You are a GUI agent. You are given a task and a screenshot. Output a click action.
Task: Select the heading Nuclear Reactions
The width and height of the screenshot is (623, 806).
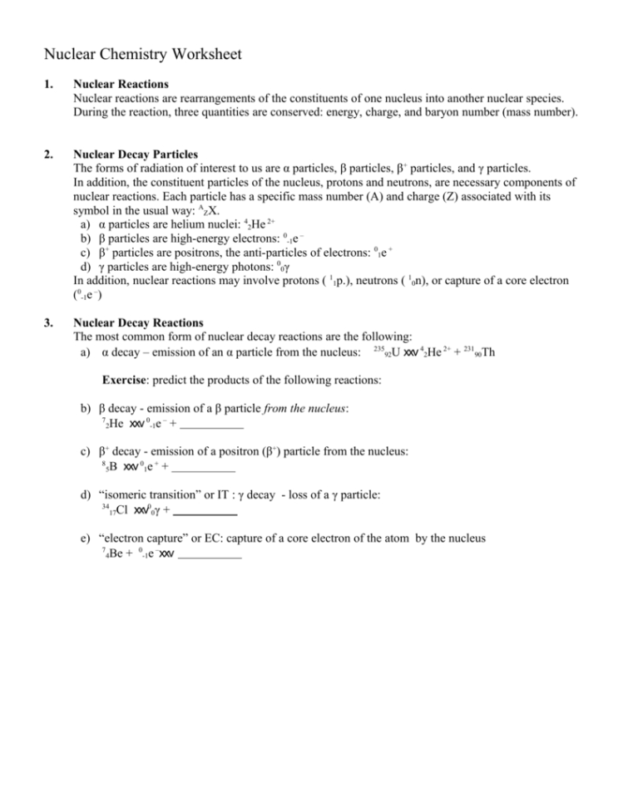[x=121, y=84]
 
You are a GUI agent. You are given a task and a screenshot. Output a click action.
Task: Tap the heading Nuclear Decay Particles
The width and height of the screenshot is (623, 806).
[x=135, y=154]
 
